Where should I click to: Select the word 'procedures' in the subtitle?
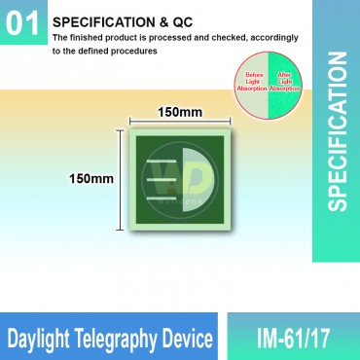tap(134, 51)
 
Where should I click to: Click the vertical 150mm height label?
tap(90, 179)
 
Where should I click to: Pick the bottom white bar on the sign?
tap(165, 198)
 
